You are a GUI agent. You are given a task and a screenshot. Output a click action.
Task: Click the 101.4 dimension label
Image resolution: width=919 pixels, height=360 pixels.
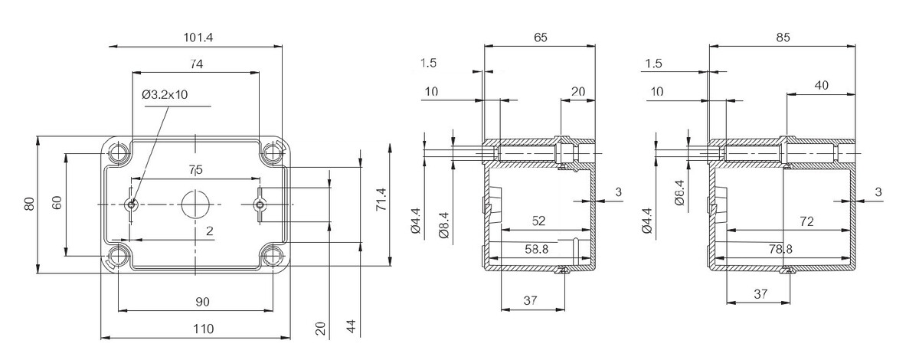(x=198, y=38)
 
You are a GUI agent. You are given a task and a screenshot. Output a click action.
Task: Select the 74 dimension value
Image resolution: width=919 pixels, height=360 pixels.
(x=196, y=64)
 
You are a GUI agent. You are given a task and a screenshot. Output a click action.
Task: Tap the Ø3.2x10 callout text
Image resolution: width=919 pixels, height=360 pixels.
(x=165, y=95)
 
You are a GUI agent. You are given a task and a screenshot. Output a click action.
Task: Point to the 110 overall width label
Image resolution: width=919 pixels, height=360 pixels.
(x=204, y=329)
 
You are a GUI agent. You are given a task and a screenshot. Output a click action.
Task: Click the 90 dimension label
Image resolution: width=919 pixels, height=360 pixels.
(x=202, y=302)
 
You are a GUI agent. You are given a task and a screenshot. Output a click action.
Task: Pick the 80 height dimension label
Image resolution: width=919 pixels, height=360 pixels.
(x=30, y=204)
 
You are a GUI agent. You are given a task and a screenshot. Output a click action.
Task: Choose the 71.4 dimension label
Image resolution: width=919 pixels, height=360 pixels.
(x=381, y=199)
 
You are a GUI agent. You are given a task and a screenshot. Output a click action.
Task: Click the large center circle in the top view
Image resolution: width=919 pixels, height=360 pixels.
(x=196, y=204)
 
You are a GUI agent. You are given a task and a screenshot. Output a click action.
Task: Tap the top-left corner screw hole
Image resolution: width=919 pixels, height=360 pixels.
(x=119, y=152)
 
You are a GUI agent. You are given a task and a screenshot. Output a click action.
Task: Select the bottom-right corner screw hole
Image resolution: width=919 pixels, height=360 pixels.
(x=272, y=256)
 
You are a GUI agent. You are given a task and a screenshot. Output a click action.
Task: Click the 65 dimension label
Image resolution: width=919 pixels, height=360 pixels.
(x=541, y=38)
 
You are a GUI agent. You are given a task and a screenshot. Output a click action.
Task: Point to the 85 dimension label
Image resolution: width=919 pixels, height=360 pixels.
(x=783, y=38)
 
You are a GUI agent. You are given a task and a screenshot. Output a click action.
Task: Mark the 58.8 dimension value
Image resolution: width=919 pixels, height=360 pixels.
(x=537, y=249)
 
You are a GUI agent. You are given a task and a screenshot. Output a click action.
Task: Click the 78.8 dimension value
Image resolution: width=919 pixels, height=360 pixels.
(x=780, y=249)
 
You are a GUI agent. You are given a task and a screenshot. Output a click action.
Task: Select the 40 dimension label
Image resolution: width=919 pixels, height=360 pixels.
(x=821, y=85)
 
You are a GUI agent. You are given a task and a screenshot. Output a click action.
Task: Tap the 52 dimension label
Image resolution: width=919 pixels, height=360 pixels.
(x=538, y=221)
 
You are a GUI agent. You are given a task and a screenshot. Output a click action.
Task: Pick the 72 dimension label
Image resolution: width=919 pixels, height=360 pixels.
(x=806, y=222)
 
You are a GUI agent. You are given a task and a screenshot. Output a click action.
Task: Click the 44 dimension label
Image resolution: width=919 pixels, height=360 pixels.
(x=352, y=327)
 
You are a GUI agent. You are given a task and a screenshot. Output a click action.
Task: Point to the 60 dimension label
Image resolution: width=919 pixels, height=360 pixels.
(x=57, y=203)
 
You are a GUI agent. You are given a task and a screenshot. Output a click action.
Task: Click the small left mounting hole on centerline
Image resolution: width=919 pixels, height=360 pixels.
(x=131, y=204)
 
